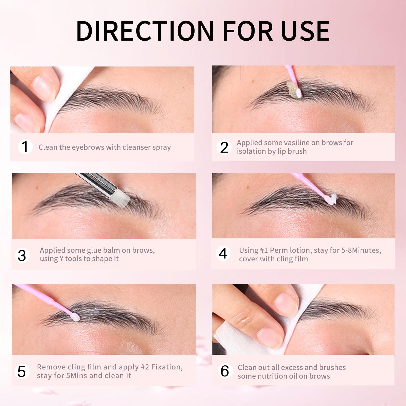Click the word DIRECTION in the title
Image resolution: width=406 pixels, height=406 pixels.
pos(145,31)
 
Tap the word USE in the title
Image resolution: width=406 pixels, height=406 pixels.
pos(305,31)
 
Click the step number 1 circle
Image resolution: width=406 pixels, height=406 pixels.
pos(25,147)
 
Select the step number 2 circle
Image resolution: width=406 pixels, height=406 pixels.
pos(224,147)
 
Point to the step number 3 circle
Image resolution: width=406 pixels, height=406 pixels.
pos(22,255)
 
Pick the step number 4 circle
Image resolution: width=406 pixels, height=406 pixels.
pos(223,253)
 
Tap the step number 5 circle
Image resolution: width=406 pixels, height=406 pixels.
pos(22,371)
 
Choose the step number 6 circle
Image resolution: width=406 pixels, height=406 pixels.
pos(225,371)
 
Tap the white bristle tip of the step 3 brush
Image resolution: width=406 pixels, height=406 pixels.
pos(123,196)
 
